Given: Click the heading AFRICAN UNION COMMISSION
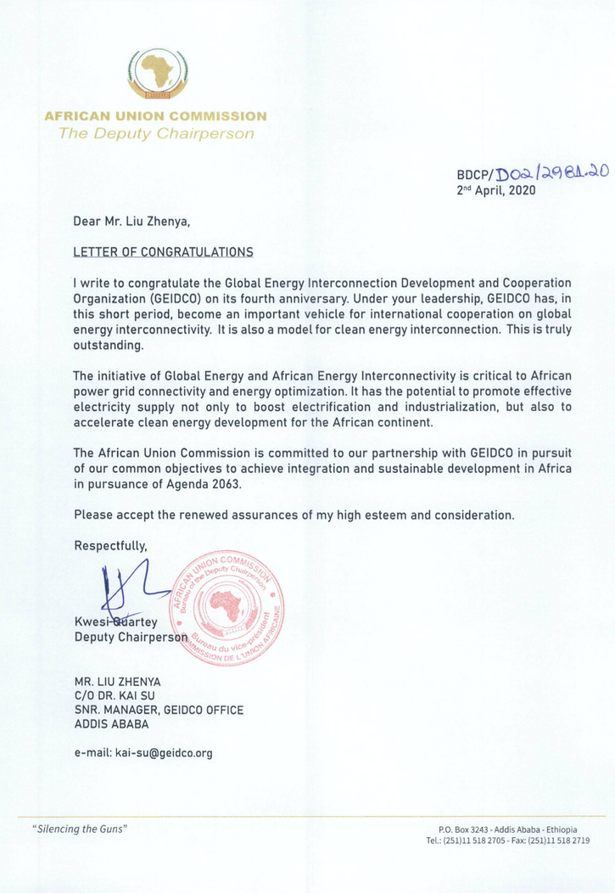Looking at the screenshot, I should point(155,116).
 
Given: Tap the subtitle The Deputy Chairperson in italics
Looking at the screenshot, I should point(155,134).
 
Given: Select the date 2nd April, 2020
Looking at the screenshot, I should point(496,191).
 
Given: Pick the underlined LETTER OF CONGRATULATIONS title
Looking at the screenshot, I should point(164,252).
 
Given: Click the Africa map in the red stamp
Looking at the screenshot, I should point(226,606).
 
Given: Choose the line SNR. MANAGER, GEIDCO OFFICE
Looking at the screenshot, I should point(159,710).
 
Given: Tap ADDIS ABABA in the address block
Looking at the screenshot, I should point(112,724).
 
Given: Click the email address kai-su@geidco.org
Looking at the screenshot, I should point(166,752).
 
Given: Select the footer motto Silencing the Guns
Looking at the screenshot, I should point(79,828).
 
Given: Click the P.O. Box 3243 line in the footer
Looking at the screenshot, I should point(507,829).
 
